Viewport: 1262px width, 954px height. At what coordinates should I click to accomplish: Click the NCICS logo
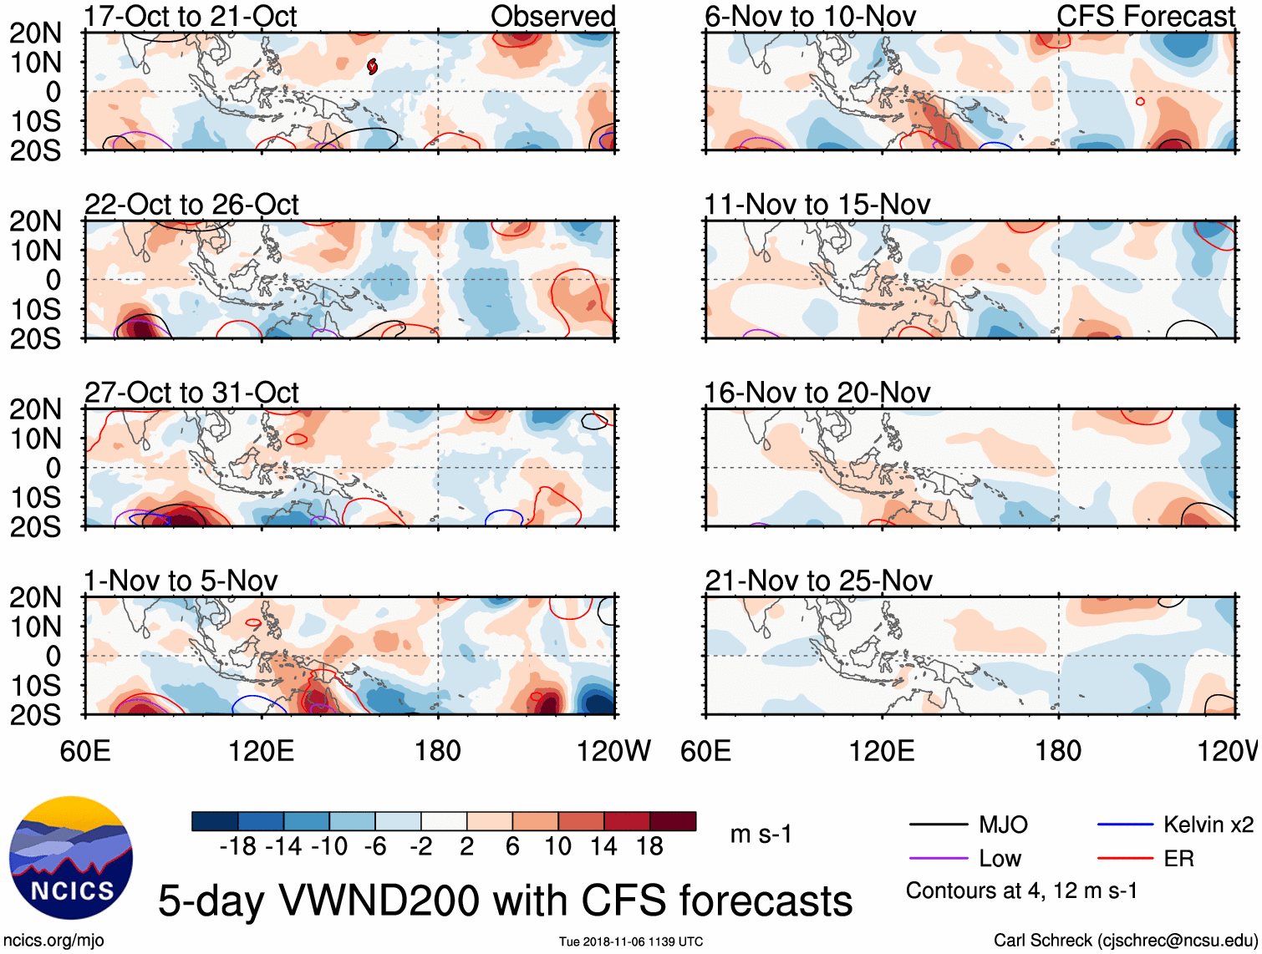click(x=71, y=858)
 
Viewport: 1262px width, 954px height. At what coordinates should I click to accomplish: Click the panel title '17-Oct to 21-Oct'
click(x=190, y=17)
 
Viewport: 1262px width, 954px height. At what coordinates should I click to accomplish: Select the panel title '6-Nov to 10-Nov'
click(x=810, y=17)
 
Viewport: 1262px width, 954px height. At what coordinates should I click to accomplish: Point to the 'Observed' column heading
click(x=552, y=17)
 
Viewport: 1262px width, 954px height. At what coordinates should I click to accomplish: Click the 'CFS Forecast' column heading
click(x=1145, y=17)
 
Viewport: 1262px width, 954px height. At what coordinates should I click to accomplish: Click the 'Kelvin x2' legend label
click(x=1208, y=825)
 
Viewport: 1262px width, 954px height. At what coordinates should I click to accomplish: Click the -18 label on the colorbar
click(x=238, y=847)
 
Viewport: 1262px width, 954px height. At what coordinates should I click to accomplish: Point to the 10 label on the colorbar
click(x=557, y=847)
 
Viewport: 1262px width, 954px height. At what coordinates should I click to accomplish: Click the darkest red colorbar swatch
click(x=673, y=821)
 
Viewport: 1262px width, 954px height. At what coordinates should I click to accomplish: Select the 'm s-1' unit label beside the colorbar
click(x=761, y=835)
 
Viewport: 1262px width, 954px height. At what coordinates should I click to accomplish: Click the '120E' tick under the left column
click(x=262, y=751)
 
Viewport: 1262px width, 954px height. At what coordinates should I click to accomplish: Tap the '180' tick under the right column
click(x=1058, y=751)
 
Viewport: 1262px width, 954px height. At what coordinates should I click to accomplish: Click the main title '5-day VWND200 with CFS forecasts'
click(x=505, y=901)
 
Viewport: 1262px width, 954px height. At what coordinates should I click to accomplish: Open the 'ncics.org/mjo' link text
click(x=53, y=941)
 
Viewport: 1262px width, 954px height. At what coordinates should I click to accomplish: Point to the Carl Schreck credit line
click(x=1125, y=941)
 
